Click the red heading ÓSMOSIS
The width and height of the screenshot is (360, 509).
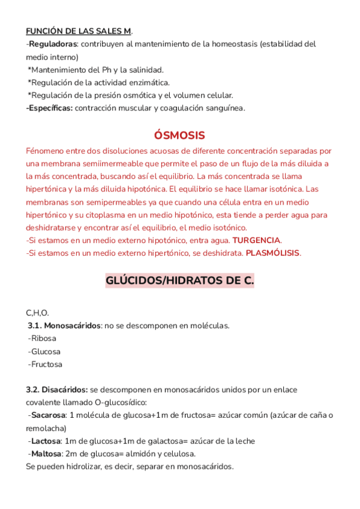(x=179, y=135)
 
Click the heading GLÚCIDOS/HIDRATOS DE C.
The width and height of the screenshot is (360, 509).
(x=179, y=280)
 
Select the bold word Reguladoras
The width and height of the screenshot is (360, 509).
(x=53, y=44)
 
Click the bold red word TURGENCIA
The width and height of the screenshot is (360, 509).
(x=256, y=240)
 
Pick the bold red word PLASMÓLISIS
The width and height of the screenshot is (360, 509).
(x=272, y=253)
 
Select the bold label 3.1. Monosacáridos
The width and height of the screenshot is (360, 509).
(x=64, y=326)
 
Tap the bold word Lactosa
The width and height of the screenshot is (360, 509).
(x=46, y=441)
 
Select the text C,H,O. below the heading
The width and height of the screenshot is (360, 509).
(x=37, y=313)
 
